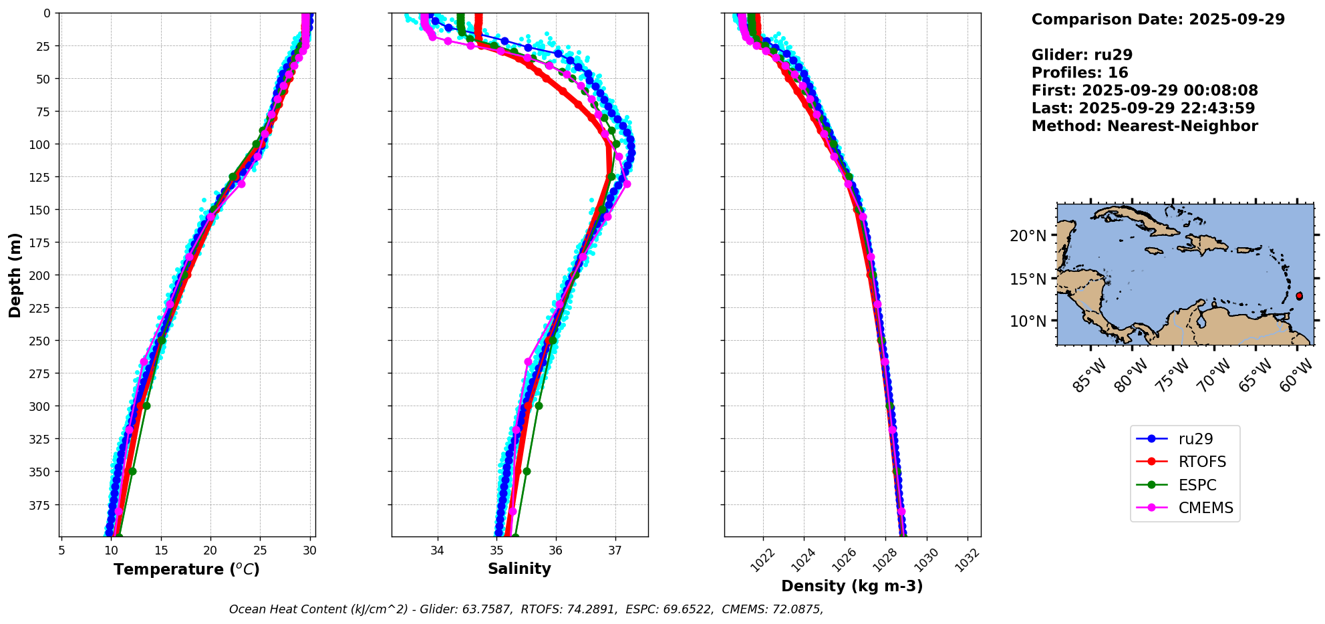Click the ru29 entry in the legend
click(x=1195, y=439)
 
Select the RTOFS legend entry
click(x=1202, y=462)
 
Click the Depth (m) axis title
click(x=15, y=275)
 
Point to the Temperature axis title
click(x=186, y=569)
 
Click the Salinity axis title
click(x=519, y=569)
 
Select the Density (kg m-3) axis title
click(x=852, y=586)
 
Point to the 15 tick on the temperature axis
click(x=161, y=551)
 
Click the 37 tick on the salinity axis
click(x=615, y=551)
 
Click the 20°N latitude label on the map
click(x=1028, y=235)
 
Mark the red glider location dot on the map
click(x=1299, y=295)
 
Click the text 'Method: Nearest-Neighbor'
click(x=1145, y=126)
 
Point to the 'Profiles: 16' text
click(x=1080, y=73)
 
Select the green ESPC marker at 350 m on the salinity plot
click(x=527, y=471)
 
